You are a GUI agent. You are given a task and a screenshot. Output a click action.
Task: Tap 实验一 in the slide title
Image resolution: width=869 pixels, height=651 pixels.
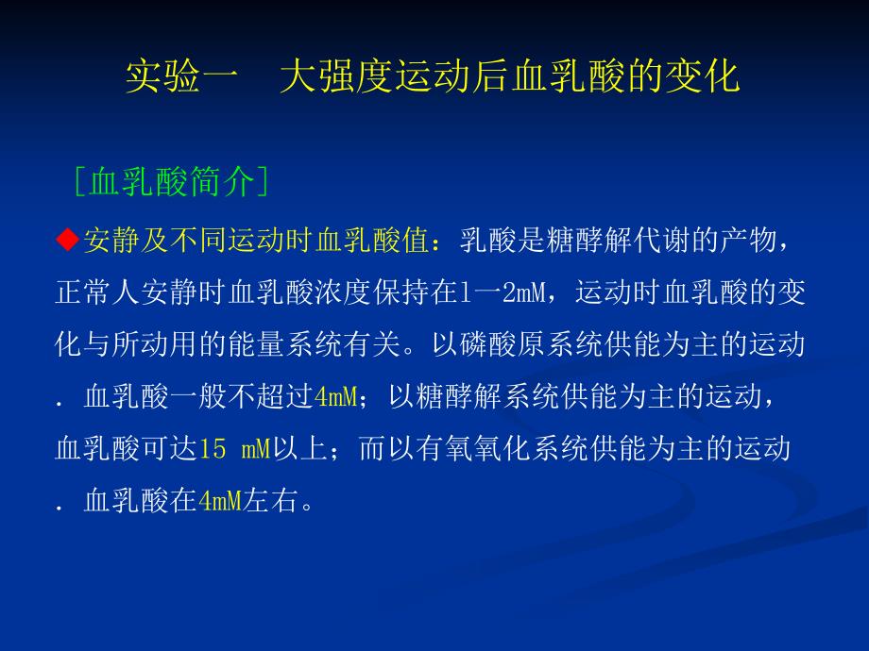[x=182, y=76]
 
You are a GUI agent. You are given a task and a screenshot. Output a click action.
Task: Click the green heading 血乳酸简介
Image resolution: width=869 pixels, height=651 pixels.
[x=171, y=181]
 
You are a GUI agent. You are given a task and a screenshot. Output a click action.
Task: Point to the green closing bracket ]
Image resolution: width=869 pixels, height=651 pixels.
[x=263, y=181]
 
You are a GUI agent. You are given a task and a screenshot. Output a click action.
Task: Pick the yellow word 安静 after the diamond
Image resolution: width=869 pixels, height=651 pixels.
[x=111, y=241]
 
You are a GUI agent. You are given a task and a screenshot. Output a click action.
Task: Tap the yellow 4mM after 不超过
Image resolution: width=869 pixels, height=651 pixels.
[x=335, y=396]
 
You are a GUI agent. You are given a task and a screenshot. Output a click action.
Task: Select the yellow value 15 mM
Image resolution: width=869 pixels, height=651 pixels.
[x=234, y=448]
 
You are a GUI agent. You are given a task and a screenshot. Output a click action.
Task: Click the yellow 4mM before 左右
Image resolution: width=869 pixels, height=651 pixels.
[x=220, y=501]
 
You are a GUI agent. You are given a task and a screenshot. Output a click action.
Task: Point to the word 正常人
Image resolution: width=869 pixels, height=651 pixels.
[x=97, y=292]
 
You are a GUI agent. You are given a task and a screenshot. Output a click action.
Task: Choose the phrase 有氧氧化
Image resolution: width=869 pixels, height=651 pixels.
[x=473, y=448]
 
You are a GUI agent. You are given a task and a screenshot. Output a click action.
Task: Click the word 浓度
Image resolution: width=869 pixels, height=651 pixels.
[x=343, y=292]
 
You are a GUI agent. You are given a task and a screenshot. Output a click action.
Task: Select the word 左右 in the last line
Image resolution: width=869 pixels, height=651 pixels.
[x=271, y=501]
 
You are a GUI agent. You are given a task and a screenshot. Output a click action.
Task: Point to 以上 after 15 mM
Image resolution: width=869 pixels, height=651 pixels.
[x=299, y=448]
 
